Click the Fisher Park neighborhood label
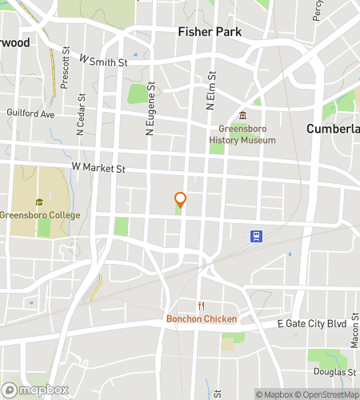(209, 32)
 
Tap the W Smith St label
(104, 60)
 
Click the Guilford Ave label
(31, 114)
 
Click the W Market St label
(99, 167)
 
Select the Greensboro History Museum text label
(242, 134)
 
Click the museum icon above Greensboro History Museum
(242, 117)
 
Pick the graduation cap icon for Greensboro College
(38, 202)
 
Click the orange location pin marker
(181, 200)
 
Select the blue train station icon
(256, 236)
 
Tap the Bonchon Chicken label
(201, 319)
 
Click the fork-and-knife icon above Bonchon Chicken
(202, 306)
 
